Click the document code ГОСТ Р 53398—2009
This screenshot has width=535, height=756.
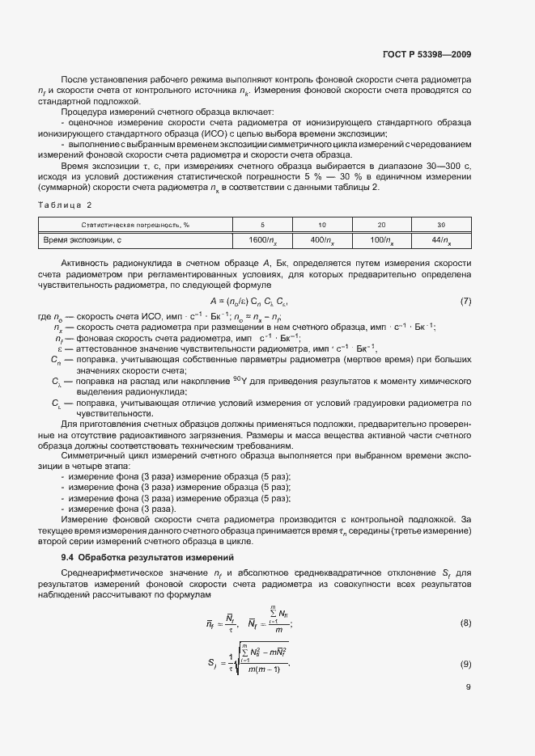point(427,55)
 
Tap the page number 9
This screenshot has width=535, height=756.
point(469,688)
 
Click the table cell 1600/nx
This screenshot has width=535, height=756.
point(262,240)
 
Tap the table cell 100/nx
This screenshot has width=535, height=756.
point(382,240)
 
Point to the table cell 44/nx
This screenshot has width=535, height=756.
point(441,240)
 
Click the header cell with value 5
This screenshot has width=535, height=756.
point(262,224)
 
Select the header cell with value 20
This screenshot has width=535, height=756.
point(382,224)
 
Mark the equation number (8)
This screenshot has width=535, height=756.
point(465,622)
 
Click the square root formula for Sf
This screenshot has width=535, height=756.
point(237,661)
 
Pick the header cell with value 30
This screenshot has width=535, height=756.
point(441,224)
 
